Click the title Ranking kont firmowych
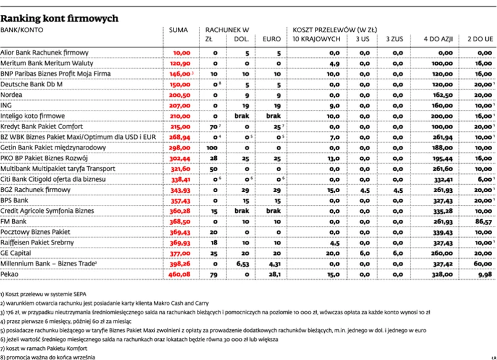pyautogui.click(x=59, y=18)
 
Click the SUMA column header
pyautogui.click(x=179, y=30)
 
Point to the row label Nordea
pyautogui.click(x=12, y=94)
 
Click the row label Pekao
pyautogui.click(x=10, y=274)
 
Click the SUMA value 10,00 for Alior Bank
pyautogui.click(x=182, y=54)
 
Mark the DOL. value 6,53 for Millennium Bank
pyautogui.click(x=243, y=263)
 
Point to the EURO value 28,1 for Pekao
pyautogui.click(x=272, y=274)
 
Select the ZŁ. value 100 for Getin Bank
pyautogui.click(x=211, y=148)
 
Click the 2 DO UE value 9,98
pyautogui.click(x=484, y=274)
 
